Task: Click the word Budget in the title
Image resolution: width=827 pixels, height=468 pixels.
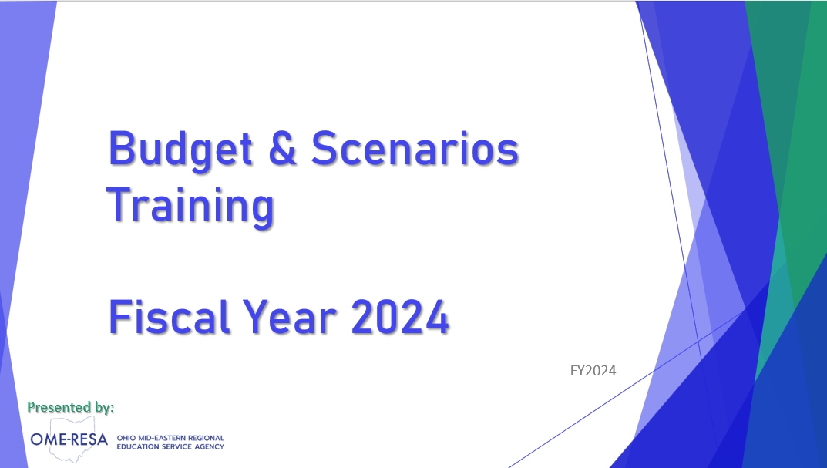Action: (x=180, y=150)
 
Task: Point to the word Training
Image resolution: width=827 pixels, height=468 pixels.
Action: (x=190, y=207)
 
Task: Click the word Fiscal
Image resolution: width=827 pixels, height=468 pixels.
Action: (x=170, y=316)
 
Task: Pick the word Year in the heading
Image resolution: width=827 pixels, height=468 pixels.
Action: (x=290, y=317)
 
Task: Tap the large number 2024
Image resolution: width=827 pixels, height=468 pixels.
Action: (x=400, y=317)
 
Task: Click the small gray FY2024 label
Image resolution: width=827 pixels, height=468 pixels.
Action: (x=593, y=371)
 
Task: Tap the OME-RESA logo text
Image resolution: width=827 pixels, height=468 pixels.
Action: (x=69, y=439)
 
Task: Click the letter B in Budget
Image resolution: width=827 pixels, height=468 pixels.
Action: (x=121, y=148)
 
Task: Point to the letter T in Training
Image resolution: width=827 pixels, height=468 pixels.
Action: (x=119, y=204)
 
